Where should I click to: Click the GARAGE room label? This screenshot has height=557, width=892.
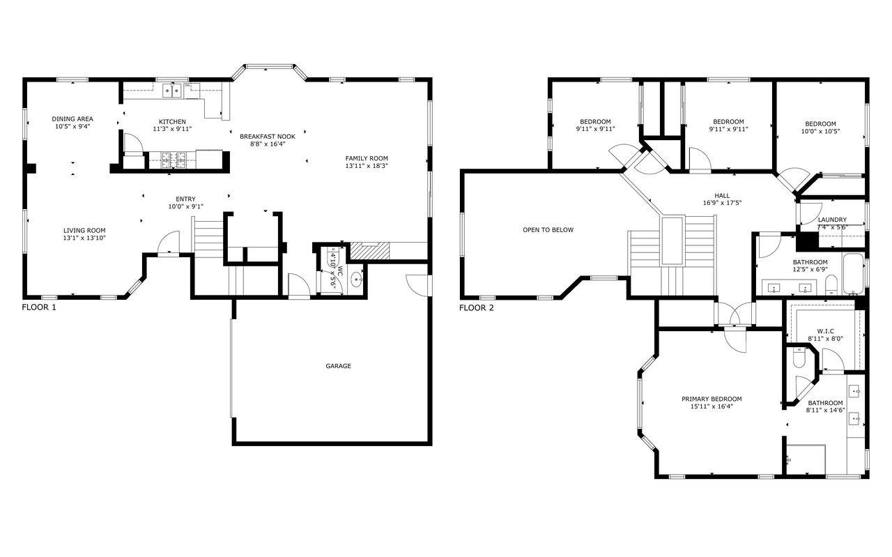[338, 366]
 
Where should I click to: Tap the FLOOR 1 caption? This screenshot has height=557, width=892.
[39, 307]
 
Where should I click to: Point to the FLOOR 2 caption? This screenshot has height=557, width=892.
[476, 307]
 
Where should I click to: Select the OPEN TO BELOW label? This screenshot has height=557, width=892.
[548, 230]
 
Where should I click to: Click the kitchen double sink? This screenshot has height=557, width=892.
[172, 90]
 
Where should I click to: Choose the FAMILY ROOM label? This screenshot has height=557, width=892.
[367, 158]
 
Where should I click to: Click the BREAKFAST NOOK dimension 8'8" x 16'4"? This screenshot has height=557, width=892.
[268, 144]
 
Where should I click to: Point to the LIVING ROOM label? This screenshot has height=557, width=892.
[84, 230]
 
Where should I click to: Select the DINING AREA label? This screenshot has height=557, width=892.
[72, 119]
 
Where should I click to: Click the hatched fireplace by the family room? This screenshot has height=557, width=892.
[370, 250]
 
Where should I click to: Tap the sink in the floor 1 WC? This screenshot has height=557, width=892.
[356, 280]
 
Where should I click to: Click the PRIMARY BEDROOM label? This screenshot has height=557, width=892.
[712, 399]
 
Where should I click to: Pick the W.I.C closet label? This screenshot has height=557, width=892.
[826, 331]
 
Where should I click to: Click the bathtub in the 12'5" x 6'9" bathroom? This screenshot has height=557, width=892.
[853, 274]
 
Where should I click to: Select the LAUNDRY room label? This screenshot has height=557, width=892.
[832, 220]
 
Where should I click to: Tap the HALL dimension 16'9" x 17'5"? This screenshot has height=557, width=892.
[722, 203]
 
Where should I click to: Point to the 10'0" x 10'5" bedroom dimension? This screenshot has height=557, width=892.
[820, 131]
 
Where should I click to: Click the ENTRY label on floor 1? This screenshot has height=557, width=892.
[185, 199]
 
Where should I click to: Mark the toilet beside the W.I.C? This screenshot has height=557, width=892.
[799, 358]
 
